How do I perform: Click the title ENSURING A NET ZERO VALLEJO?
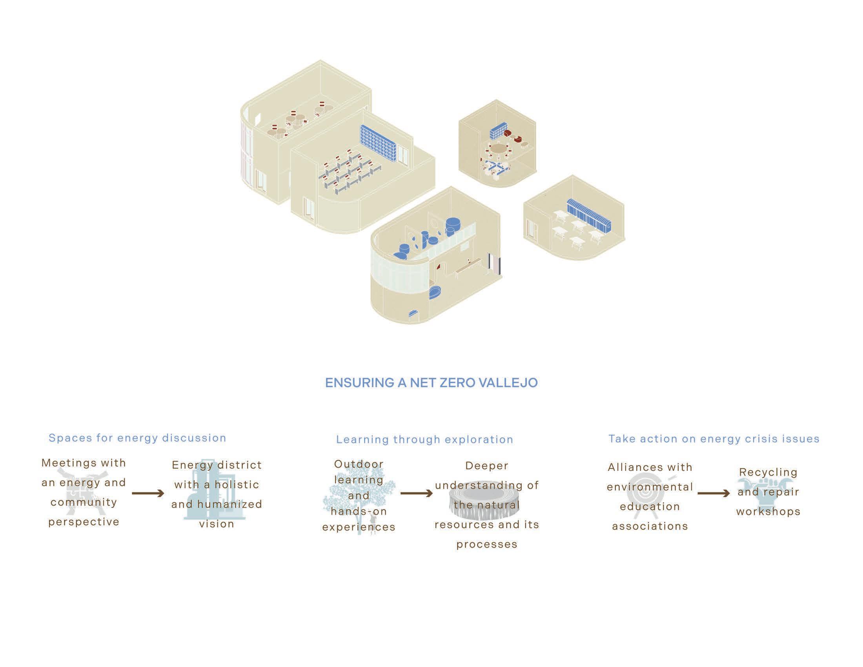point(431,383)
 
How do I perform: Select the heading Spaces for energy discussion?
point(137,438)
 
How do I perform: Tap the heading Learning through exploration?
point(424,439)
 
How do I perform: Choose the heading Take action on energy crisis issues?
point(714,439)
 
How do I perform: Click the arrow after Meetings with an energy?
point(148,493)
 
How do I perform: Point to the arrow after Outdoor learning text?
point(417,493)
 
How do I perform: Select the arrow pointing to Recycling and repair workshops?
point(714,493)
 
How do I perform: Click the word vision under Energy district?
point(217,524)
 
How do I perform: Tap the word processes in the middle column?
point(487,544)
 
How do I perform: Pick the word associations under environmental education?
point(650,526)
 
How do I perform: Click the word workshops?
point(768,511)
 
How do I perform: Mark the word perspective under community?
point(84,521)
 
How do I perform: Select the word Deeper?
point(487,465)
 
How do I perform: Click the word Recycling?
point(768,472)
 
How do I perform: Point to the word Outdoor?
point(359,464)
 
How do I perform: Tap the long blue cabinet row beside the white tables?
point(589,216)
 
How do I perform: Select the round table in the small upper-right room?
point(499,149)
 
